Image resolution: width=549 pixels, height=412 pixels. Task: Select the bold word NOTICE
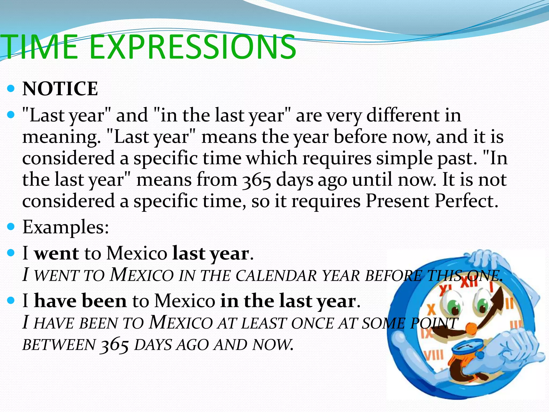coord(60,89)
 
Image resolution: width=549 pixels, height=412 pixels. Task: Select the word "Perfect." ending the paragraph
coord(466,201)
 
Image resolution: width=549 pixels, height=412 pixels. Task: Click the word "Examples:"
coord(66,227)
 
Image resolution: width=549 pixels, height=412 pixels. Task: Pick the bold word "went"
coord(57,253)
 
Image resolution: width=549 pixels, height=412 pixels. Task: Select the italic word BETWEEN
coord(59,345)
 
